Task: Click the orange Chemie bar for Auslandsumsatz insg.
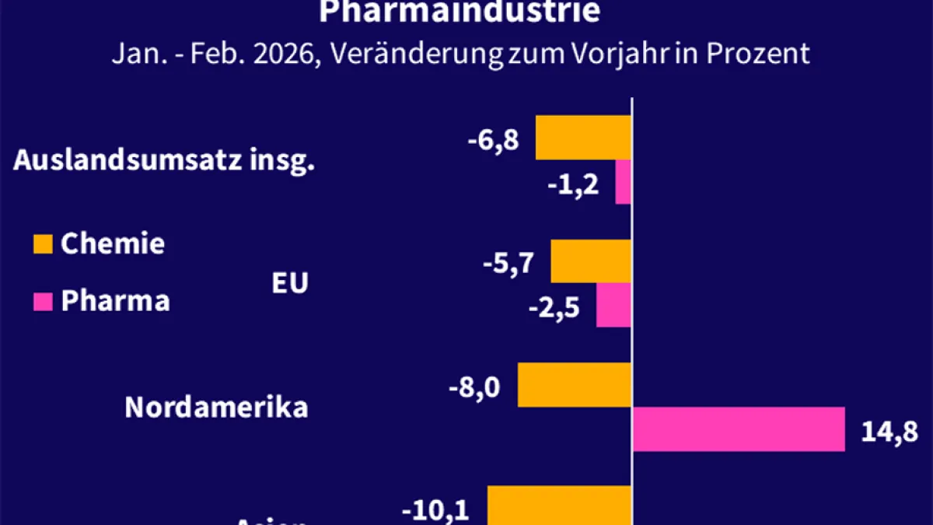(583, 138)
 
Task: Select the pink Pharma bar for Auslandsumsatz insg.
(623, 182)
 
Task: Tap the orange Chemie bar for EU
(591, 261)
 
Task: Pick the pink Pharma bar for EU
(613, 305)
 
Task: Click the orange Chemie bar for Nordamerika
(575, 384)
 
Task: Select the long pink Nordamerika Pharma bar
(739, 429)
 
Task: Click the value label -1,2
(572, 185)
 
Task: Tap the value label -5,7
(508, 264)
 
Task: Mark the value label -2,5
(554, 308)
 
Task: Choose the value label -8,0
(475, 387)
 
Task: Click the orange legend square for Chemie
(44, 244)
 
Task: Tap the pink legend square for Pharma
(44, 301)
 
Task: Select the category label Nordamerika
(216, 408)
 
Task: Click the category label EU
(289, 283)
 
